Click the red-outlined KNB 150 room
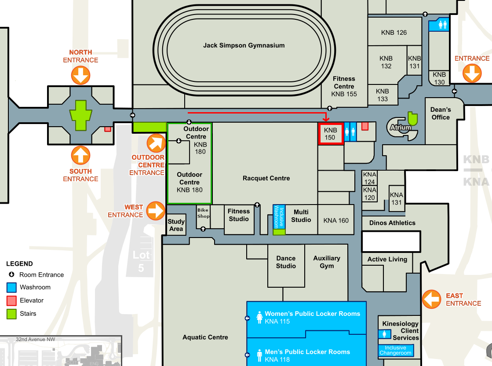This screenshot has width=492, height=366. click(330, 134)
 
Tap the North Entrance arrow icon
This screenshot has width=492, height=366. click(80, 75)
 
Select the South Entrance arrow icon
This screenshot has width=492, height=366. click(80, 155)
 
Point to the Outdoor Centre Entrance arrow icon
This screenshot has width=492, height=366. click(156, 143)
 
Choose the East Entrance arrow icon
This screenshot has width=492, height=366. click(431, 299)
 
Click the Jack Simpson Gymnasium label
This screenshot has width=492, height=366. click(244, 45)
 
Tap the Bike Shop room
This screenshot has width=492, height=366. click(203, 213)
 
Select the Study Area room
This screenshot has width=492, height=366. click(176, 225)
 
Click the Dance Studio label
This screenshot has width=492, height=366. click(286, 262)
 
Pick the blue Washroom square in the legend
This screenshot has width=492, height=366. click(12, 288)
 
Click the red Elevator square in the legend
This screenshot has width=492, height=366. click(12, 301)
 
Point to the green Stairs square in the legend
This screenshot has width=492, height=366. click(12, 314)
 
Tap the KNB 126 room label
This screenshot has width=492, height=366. click(394, 33)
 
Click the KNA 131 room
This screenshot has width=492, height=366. click(397, 198)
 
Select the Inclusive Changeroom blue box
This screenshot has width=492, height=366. click(395, 350)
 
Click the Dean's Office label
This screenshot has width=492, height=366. click(441, 113)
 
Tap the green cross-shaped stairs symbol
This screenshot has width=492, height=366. click(80, 115)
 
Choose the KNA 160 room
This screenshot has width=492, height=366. click(336, 220)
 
